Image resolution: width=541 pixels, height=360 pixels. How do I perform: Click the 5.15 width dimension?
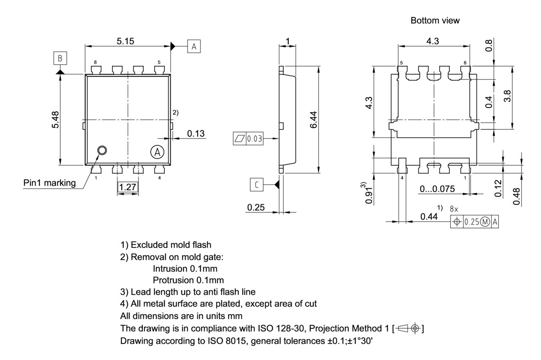[128, 41]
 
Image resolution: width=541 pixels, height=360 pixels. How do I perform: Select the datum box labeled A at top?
[194, 47]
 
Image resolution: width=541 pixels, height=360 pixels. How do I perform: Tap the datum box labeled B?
[60, 58]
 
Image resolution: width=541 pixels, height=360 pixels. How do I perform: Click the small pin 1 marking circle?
[102, 150]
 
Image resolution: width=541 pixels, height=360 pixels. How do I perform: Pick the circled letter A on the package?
[156, 152]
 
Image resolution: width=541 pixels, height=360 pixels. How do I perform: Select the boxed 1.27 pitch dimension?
[128, 187]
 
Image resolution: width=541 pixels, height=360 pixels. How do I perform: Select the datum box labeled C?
[257, 184]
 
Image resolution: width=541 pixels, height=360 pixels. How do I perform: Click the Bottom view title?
[435, 21]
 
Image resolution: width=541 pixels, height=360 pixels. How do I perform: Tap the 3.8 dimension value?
[508, 96]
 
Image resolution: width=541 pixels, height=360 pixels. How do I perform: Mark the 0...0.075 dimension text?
[437, 189]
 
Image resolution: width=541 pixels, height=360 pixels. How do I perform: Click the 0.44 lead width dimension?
[429, 217]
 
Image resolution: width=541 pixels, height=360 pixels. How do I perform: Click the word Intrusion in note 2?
[169, 268]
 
